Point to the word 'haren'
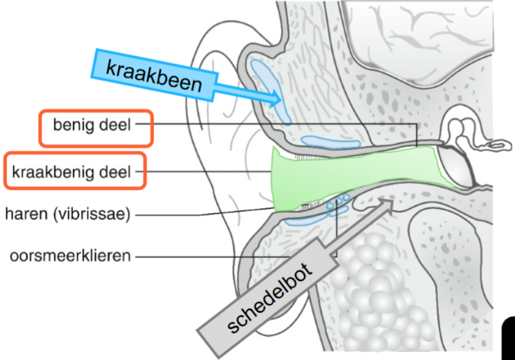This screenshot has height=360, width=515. coord(25,214)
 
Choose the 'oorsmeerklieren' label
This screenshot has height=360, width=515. coord(71,256)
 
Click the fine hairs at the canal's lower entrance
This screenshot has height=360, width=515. coord(306,208)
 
